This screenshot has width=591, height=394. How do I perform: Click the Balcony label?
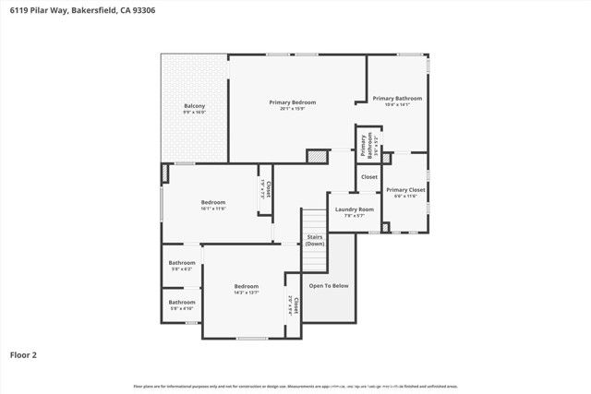point(194,106)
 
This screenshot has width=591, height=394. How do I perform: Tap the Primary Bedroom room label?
point(293,101)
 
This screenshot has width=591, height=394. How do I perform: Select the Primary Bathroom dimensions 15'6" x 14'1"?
point(397,104)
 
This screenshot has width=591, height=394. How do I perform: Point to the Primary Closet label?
point(405,189)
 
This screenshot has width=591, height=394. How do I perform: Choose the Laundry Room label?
point(354,209)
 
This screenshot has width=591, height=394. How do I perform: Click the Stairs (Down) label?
point(315,241)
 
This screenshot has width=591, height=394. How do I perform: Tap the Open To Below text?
point(329,286)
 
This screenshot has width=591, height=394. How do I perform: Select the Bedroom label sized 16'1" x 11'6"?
point(213,202)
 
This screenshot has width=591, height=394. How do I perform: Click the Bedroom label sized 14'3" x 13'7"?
point(246,286)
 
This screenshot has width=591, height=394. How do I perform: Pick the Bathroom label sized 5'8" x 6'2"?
point(181,263)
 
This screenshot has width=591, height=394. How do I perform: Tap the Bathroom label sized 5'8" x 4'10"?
point(181,302)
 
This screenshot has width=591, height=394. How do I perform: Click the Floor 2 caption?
point(24,354)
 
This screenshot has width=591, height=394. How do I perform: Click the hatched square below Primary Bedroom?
point(317,156)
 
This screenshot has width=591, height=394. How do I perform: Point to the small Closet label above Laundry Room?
point(369,176)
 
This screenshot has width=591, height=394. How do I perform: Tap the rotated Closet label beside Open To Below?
point(293,304)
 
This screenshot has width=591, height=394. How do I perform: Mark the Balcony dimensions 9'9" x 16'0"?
point(194,113)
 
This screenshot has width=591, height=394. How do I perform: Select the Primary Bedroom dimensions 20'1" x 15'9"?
point(293,108)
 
